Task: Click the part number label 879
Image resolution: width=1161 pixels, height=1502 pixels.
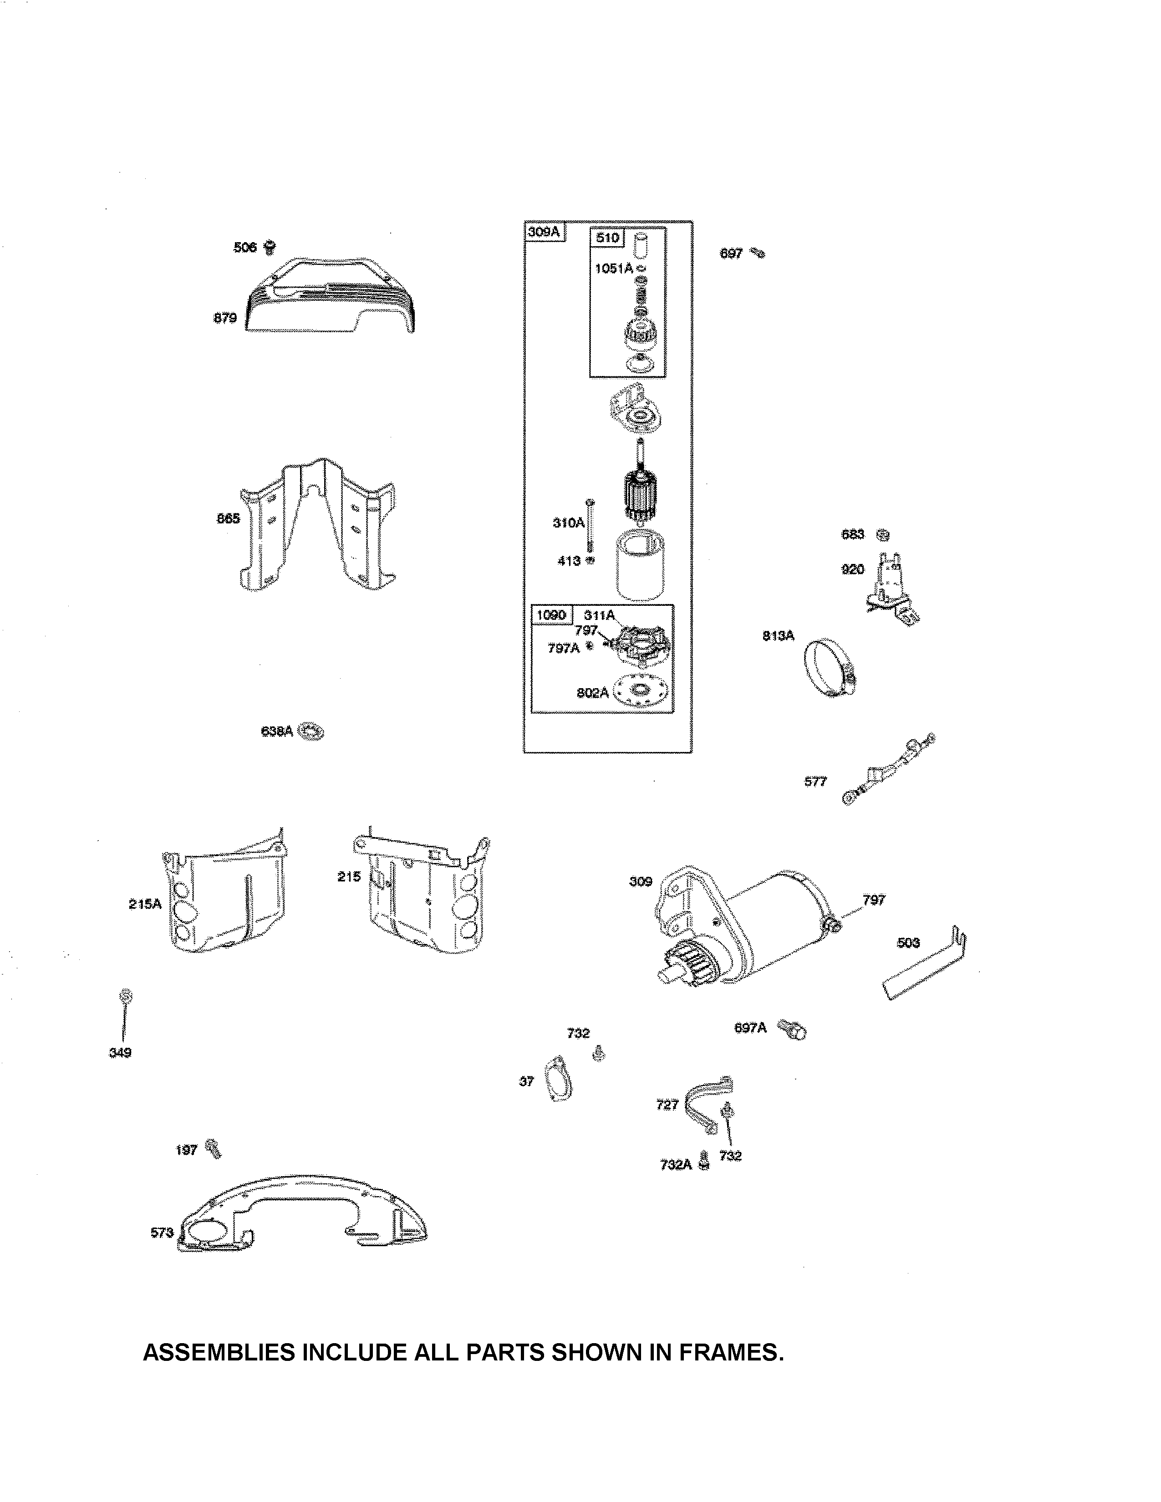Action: click(x=225, y=318)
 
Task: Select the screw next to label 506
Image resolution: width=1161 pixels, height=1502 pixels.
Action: click(x=270, y=246)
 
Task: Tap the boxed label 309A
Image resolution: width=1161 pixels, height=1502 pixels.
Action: click(x=543, y=232)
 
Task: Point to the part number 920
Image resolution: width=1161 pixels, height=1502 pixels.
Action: click(x=852, y=569)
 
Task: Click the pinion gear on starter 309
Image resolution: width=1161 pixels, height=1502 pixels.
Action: click(x=686, y=961)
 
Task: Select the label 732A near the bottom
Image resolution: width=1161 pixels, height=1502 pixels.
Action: click(x=675, y=1164)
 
